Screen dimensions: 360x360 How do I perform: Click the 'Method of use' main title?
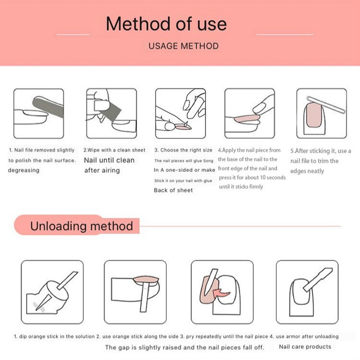point(166,24)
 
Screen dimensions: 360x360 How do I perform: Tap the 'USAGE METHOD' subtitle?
point(183,46)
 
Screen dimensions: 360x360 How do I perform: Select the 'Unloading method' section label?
point(82,226)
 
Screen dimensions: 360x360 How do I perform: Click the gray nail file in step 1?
point(48,107)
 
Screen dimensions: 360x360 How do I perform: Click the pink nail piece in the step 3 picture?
point(183,127)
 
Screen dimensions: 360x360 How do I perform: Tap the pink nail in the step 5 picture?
point(313,115)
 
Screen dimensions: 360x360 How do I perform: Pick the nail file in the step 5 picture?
point(326,105)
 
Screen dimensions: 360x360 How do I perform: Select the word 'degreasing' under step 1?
point(24,170)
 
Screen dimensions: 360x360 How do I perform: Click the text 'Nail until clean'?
point(109,160)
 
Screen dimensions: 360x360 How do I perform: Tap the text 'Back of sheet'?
point(173,190)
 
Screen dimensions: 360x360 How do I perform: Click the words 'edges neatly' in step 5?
point(307,171)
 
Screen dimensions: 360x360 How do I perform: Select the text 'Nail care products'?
point(305,347)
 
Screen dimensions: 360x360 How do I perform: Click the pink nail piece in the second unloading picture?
point(146,279)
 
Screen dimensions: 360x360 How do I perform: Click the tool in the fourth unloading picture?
point(318,280)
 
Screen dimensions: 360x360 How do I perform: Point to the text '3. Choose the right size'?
point(183,150)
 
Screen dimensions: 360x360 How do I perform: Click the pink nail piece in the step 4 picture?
point(247,119)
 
